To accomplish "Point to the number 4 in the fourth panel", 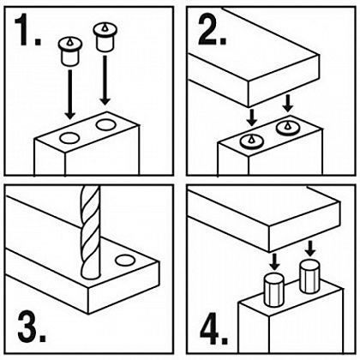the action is [211, 328].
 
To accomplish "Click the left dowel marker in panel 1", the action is [70, 51].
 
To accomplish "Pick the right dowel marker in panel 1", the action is [105, 38].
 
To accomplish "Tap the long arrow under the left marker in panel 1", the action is [70, 94].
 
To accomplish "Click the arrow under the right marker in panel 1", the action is [105, 80].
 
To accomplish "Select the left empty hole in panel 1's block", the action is [69, 138].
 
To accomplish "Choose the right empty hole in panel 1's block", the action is [105, 124].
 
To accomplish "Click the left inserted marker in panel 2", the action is [251, 141].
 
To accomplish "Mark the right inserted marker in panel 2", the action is [287, 127].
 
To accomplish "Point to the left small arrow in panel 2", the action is [251, 117].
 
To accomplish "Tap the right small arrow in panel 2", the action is [288, 104].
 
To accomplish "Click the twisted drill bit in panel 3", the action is [90, 232].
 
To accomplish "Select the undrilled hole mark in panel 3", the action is [125, 260].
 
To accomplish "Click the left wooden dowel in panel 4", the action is [274, 290].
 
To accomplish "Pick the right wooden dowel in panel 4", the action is [309, 276].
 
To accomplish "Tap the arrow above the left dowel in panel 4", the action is [274, 261].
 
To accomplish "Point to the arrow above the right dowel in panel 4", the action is [310, 248].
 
